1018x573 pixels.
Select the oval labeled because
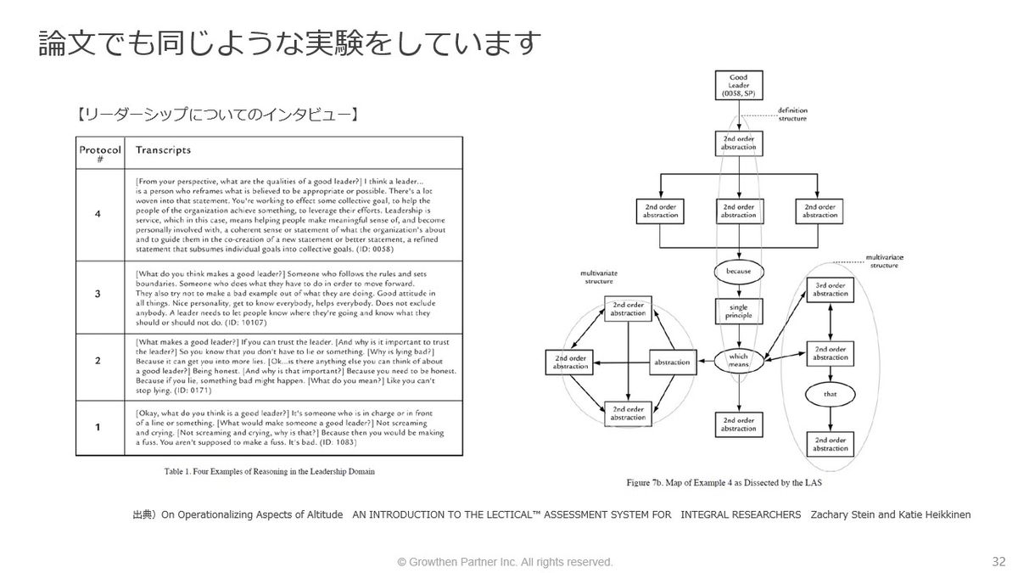click(738, 272)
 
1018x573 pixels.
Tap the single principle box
click(738, 311)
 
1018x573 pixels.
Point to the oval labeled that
click(829, 396)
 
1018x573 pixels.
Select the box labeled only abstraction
click(672, 362)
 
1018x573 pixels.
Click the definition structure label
click(792, 114)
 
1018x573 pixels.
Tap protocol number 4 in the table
click(98, 213)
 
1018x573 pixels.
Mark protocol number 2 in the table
click(98, 361)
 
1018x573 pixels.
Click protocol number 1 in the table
click(98, 426)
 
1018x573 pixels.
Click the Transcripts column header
click(163, 150)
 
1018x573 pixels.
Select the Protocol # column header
click(100, 154)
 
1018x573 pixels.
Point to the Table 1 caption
click(269, 471)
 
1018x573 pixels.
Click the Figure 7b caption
click(724, 482)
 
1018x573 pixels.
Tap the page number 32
click(998, 561)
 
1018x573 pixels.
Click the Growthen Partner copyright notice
click(506, 562)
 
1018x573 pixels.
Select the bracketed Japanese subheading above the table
click(217, 113)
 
